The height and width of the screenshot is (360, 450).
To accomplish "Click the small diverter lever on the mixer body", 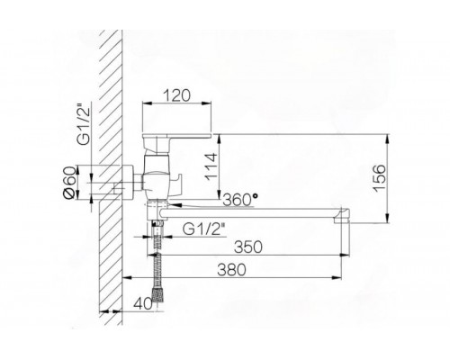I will click(183, 184).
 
